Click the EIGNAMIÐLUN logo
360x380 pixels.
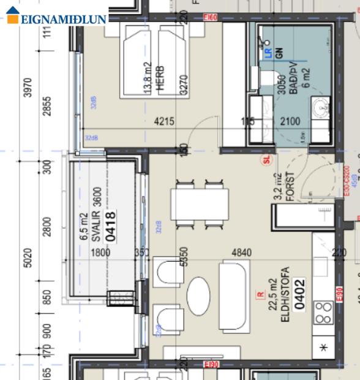[55, 18]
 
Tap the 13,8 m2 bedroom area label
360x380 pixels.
[147, 80]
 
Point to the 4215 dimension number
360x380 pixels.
[163, 121]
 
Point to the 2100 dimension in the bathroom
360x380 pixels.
[290, 121]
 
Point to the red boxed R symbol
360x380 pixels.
[260, 294]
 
